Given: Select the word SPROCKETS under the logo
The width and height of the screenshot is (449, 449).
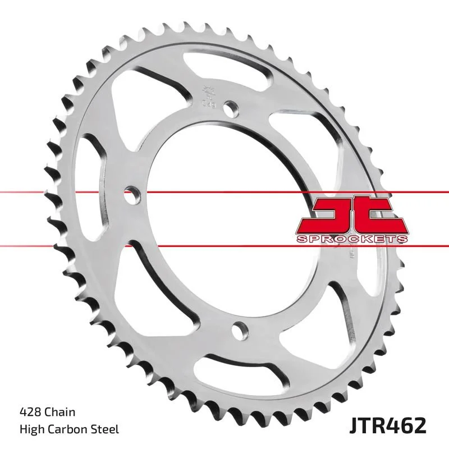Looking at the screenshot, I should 351,239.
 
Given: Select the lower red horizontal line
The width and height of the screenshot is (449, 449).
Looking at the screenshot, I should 84,245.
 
